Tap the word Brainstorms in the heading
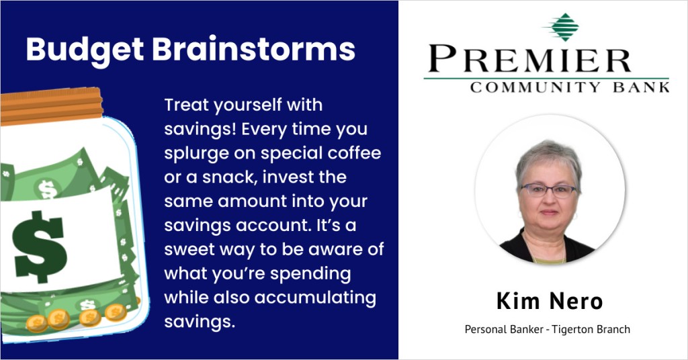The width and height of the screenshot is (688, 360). point(253,48)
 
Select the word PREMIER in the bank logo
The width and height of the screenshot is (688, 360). point(530,58)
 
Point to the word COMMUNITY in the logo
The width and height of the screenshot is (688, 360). point(535,87)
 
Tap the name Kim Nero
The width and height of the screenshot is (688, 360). point(550,301)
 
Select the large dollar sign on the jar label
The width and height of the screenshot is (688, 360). point(39,247)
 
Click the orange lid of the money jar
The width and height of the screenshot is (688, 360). point(51,105)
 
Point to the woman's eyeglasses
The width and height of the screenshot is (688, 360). point(548,190)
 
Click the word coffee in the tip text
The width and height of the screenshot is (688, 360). point(355,153)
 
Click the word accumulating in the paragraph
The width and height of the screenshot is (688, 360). point(316,298)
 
